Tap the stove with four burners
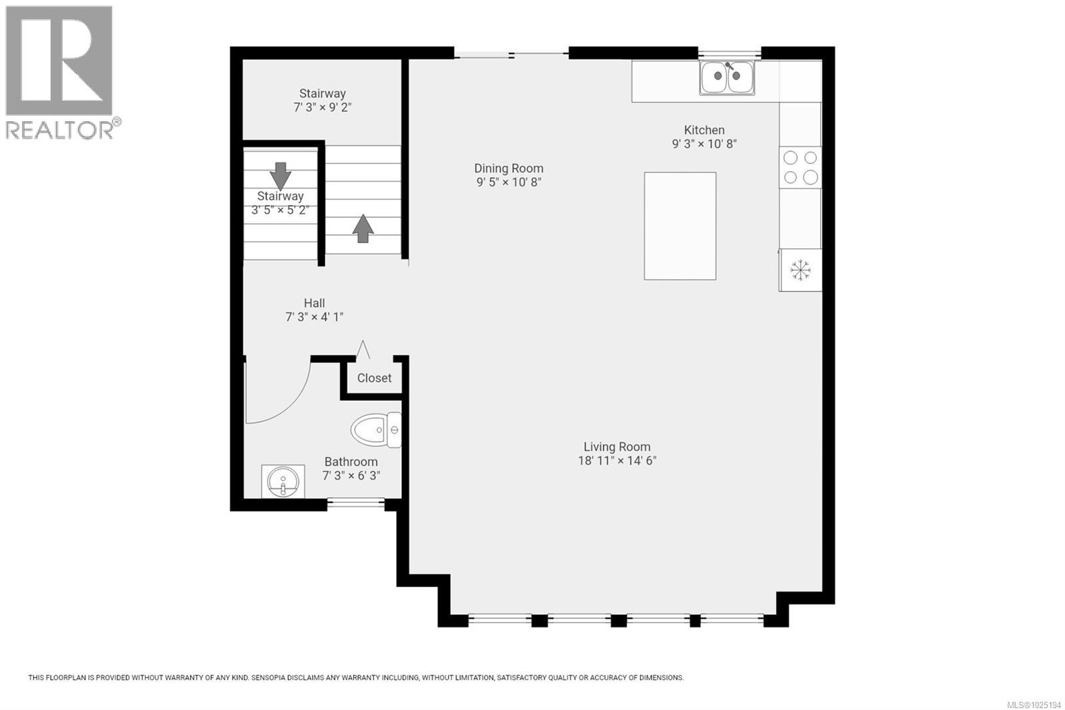(x=800, y=167)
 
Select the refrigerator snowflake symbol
(x=800, y=270)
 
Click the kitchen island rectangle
(x=680, y=226)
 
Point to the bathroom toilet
(x=375, y=430)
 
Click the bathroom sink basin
(x=283, y=481)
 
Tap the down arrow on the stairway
(x=280, y=176)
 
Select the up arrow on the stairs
(x=363, y=228)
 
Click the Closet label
(x=374, y=378)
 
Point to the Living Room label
(x=617, y=447)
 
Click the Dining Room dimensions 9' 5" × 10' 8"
(x=509, y=182)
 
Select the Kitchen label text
(x=704, y=130)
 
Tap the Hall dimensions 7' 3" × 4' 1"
(x=314, y=317)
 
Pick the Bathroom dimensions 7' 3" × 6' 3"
(x=351, y=476)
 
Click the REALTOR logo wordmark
(x=60, y=129)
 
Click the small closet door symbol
(x=363, y=350)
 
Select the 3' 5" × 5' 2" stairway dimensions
(x=280, y=210)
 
